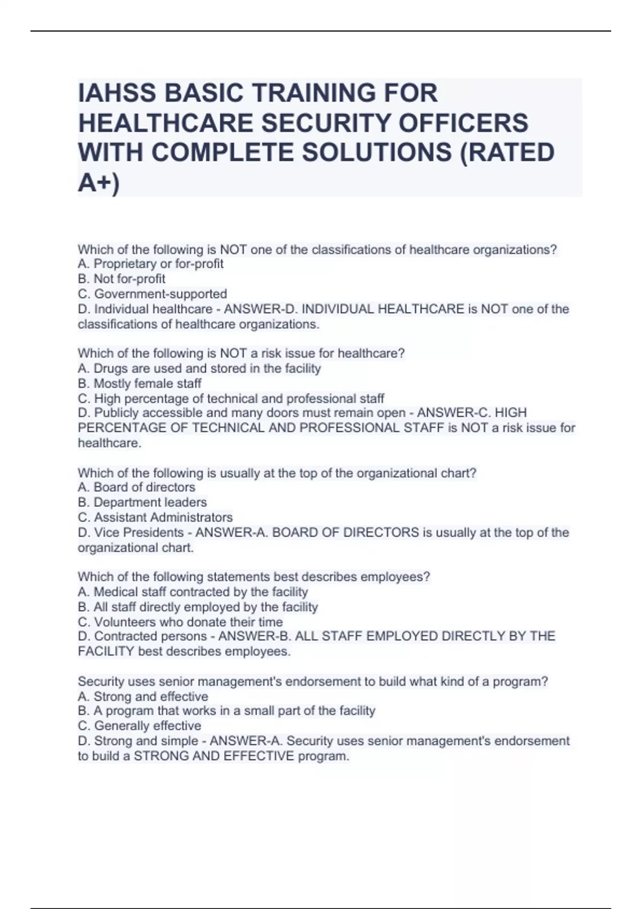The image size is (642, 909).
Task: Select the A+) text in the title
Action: pos(99,183)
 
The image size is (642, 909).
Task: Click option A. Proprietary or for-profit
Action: pos(150,264)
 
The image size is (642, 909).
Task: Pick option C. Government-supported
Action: pos(152,294)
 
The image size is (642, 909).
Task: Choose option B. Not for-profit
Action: pos(121,279)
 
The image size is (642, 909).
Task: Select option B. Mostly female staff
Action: pos(140,383)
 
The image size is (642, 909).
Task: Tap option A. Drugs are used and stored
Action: pos(199,368)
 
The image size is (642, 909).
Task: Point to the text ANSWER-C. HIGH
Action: pos(471,413)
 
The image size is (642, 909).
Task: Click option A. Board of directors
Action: pos(136,487)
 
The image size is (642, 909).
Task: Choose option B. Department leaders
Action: pos(142,502)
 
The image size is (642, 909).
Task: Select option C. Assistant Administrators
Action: pos(155,517)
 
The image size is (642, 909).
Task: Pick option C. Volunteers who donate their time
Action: pos(180,622)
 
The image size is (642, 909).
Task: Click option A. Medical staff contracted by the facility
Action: pos(193,592)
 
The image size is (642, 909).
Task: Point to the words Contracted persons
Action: pos(150,636)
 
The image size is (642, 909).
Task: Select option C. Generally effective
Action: pos(140,726)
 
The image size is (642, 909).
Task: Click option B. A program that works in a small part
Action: pos(226,711)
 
